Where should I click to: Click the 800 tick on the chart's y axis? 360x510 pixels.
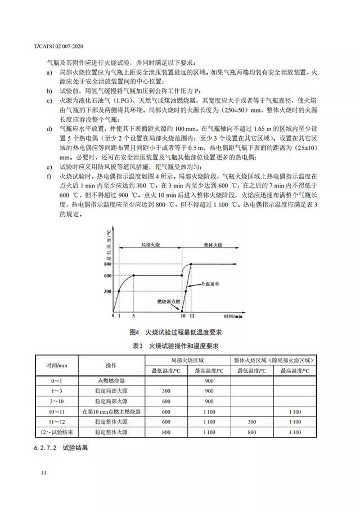[108, 263]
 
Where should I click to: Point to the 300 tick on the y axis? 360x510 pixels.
[108, 292]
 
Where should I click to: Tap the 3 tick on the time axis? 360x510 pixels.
[133, 316]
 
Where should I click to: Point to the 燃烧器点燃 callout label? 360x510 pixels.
[169, 301]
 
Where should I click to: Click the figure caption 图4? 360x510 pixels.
[134, 332]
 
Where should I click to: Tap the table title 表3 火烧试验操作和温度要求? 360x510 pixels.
[179, 345]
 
